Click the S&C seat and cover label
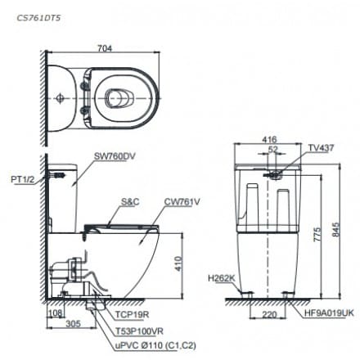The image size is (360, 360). (129, 200)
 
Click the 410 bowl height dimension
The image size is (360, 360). (189, 263)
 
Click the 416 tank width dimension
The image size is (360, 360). (269, 141)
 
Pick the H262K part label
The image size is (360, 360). (221, 278)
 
